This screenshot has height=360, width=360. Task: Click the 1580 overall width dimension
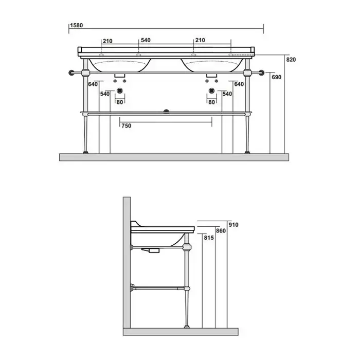[x=77, y=25]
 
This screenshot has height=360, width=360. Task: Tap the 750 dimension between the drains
[x=127, y=125]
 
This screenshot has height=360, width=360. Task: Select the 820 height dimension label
[x=291, y=60]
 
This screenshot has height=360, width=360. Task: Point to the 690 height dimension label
[x=277, y=77]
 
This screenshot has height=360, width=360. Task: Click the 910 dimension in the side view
[x=233, y=225]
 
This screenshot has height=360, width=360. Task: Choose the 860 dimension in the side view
[x=221, y=231]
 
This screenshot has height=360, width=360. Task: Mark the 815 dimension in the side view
[x=209, y=238]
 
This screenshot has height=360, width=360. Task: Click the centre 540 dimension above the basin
[x=146, y=40]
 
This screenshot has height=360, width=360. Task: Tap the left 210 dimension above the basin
[x=107, y=41]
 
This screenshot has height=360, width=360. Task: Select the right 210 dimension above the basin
[x=200, y=40]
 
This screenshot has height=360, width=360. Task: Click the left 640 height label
[x=93, y=84]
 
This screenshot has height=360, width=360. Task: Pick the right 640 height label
[x=239, y=84]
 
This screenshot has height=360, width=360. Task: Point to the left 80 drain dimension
[x=120, y=102]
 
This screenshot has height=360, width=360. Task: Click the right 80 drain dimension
[x=211, y=102]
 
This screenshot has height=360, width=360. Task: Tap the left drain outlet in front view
[x=120, y=91]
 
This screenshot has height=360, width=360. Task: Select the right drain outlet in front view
[x=212, y=91]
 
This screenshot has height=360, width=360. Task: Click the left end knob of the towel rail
[x=71, y=73]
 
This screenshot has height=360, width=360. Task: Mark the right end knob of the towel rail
[x=261, y=73]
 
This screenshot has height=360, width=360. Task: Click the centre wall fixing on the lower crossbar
[x=166, y=112]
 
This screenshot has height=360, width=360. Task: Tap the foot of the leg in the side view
[x=187, y=326]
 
